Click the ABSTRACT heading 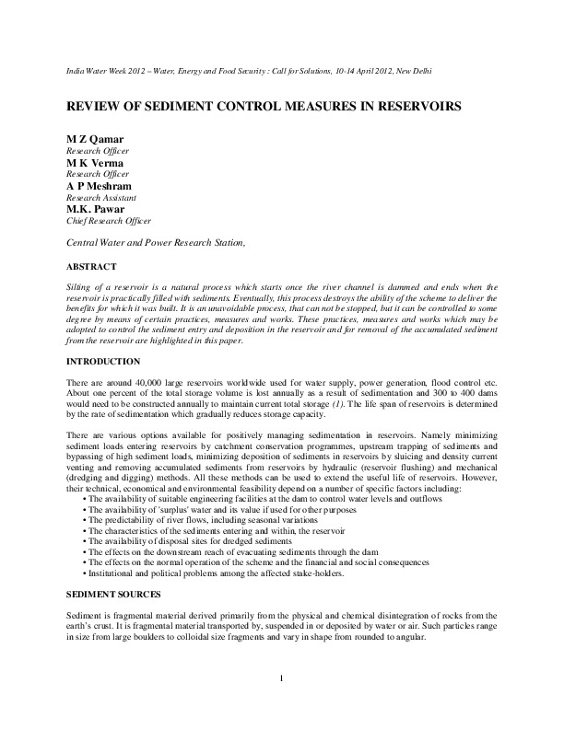[90, 267]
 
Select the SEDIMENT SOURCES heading [114, 595]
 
